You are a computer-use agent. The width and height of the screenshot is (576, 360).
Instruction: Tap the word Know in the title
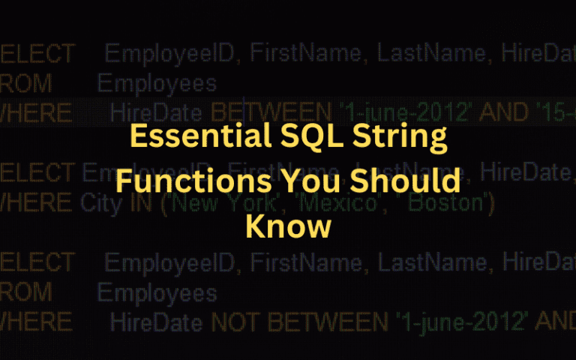pyautogui.click(x=288, y=226)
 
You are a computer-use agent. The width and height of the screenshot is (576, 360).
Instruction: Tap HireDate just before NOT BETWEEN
pyautogui.click(x=156, y=322)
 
